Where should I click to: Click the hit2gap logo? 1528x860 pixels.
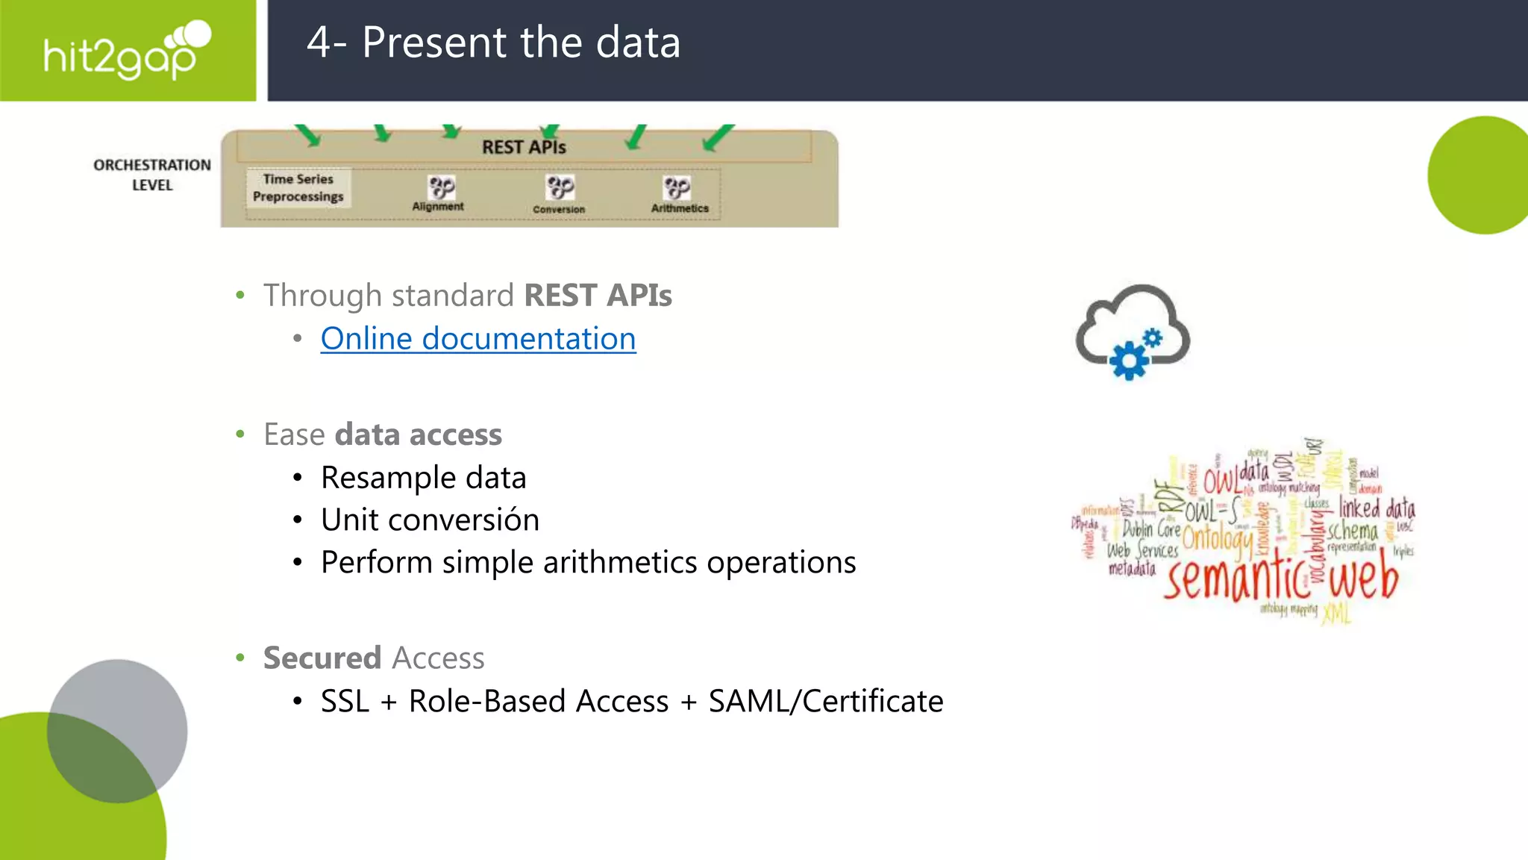click(127, 51)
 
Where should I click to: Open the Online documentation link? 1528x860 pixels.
click(477, 339)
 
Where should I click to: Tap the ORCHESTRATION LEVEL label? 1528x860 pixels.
click(152, 175)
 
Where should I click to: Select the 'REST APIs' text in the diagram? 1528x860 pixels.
click(524, 147)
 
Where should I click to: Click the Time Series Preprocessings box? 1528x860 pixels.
click(298, 188)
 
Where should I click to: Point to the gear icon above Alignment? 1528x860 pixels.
click(441, 187)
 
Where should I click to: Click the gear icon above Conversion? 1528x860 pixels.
click(560, 187)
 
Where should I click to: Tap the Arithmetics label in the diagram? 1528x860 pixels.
click(680, 208)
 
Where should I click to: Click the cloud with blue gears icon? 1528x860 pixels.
click(1133, 332)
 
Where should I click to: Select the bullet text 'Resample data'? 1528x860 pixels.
click(423, 478)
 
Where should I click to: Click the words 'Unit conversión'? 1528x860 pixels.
click(430, 520)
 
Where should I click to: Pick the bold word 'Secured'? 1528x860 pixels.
click(322, 658)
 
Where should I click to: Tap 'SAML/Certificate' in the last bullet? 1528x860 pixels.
click(825, 702)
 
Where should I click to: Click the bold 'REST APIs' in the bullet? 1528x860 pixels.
click(598, 296)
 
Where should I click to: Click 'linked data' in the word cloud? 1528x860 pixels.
click(1377, 508)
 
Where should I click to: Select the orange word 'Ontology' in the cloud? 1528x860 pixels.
click(1217, 539)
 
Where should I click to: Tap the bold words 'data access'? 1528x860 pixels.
click(418, 435)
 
